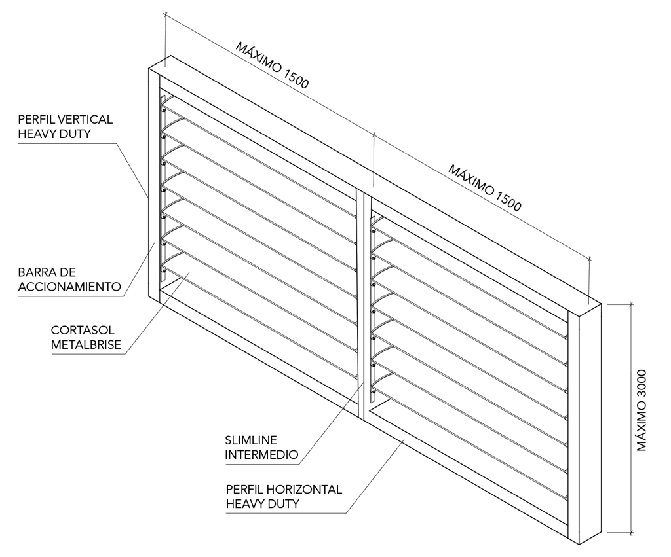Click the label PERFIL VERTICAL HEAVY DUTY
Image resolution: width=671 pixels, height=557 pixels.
tap(65, 126)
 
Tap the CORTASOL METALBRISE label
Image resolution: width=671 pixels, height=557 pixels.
tap(86, 338)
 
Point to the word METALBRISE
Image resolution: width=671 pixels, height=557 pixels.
tap(86, 346)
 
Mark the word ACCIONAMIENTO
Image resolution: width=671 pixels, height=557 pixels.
tap(69, 287)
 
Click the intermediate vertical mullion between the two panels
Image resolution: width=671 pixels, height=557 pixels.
tap(362, 301)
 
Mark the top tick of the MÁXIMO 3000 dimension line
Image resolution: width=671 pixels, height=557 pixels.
tap(631, 304)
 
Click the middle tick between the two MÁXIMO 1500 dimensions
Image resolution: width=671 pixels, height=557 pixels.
tap(374, 135)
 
